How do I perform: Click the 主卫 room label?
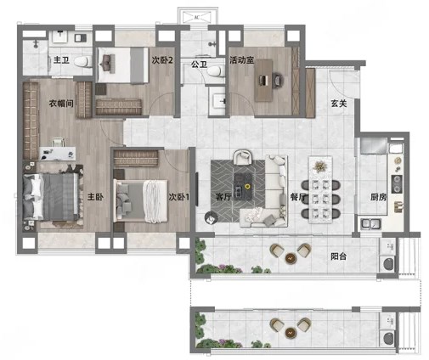coord(61,60)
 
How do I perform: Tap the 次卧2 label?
coord(162,60)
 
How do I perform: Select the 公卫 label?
coord(199,65)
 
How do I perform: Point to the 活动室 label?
coord(241,60)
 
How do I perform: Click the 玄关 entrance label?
coord(339,104)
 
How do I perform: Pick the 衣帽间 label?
coord(61,104)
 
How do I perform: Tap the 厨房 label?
coord(378,197)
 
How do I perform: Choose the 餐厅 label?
coord(298,197)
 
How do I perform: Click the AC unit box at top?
coord(197,17)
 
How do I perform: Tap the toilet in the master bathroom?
coord(83,61)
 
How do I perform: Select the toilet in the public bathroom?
coord(215,70)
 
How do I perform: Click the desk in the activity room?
coord(263,81)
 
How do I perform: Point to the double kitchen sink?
coord(371,224)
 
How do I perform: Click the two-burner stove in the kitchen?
coord(397,183)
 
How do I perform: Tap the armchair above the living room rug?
coord(242,157)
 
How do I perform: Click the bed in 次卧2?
coord(122,65)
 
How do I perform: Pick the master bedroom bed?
coord(50,197)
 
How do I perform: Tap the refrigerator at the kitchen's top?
coord(374,146)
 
